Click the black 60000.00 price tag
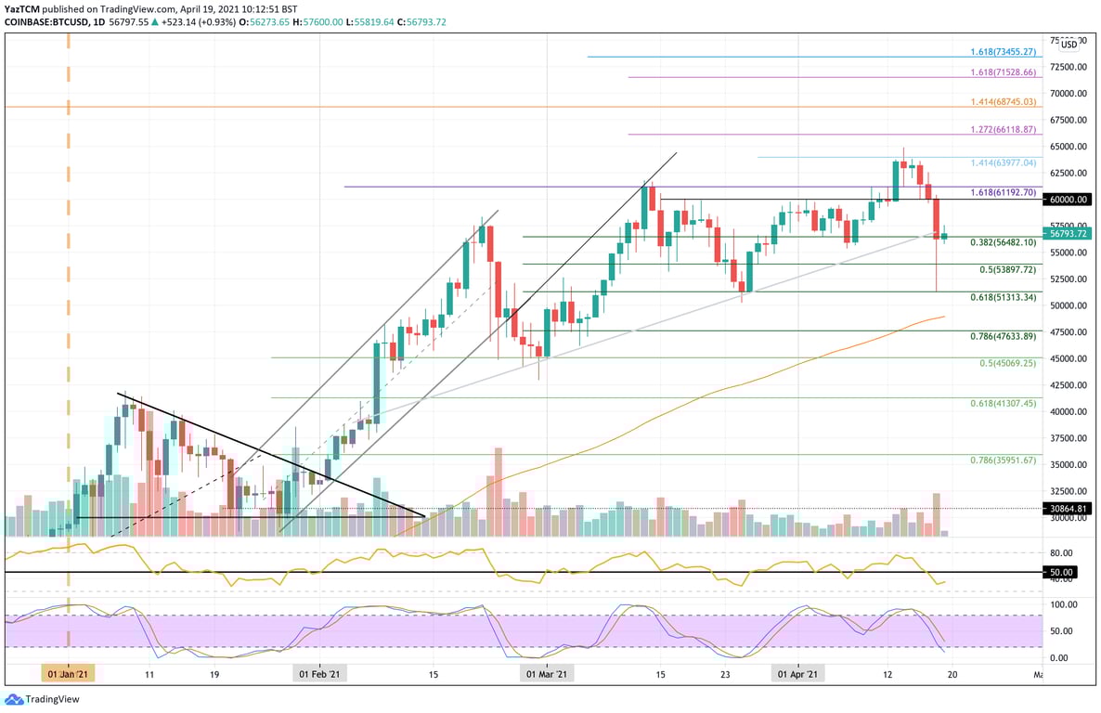click(x=1068, y=199)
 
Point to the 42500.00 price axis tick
click(x=1069, y=384)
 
